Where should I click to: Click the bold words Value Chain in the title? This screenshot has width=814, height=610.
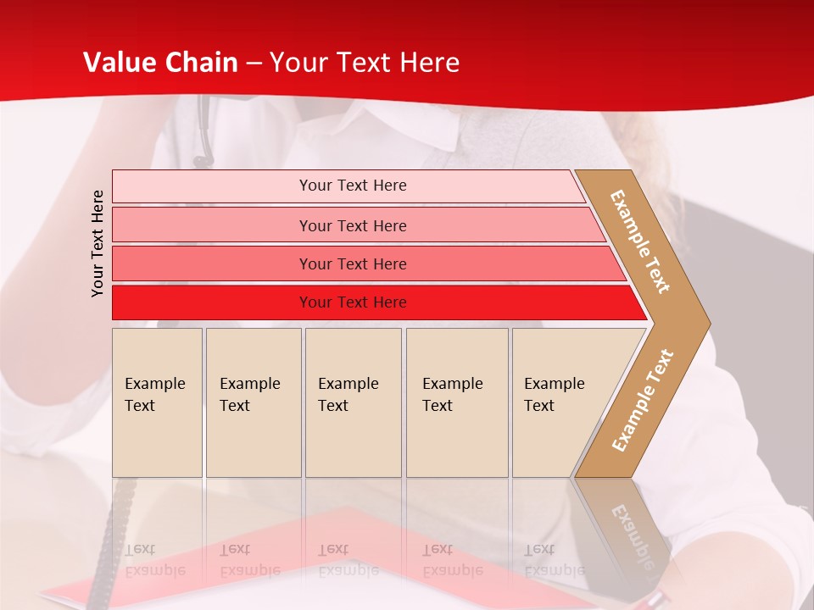pos(160,63)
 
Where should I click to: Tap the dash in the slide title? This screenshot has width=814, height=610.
pos(254,64)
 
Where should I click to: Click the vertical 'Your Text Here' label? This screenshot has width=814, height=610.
pos(98,243)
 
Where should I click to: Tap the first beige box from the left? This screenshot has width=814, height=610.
pos(157,402)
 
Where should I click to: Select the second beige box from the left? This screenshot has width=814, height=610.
pos(254,402)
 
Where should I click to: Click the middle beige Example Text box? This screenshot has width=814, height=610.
pos(353,402)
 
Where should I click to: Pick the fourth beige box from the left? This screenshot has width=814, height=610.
pos(457,402)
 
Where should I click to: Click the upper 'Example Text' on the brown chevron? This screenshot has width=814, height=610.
pos(640,241)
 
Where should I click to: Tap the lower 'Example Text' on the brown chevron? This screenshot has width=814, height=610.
pos(643,400)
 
